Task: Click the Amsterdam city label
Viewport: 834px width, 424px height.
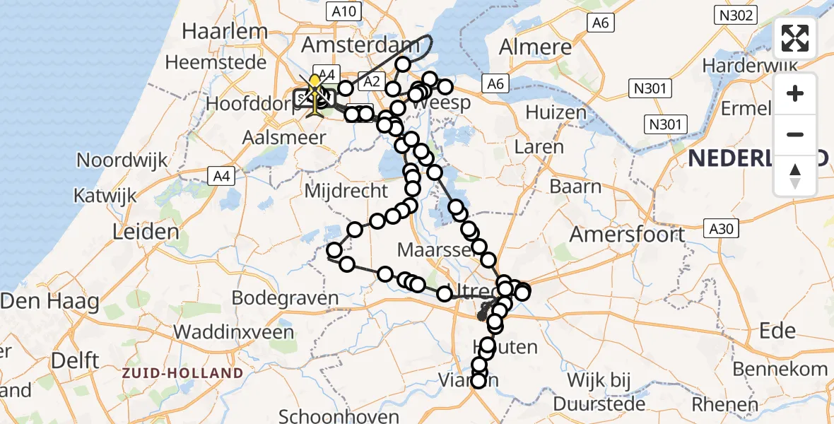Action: click(x=356, y=45)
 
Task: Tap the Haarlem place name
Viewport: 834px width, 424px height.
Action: click(x=225, y=31)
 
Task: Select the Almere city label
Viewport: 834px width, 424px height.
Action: click(x=535, y=47)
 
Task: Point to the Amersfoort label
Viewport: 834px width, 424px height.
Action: click(x=627, y=233)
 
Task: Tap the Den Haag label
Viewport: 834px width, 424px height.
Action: click(x=49, y=302)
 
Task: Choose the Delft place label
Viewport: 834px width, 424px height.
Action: click(x=74, y=360)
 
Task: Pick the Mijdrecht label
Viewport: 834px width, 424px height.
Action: click(x=346, y=190)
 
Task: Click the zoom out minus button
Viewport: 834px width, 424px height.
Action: click(x=795, y=134)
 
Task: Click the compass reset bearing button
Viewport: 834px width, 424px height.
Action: click(x=795, y=175)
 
